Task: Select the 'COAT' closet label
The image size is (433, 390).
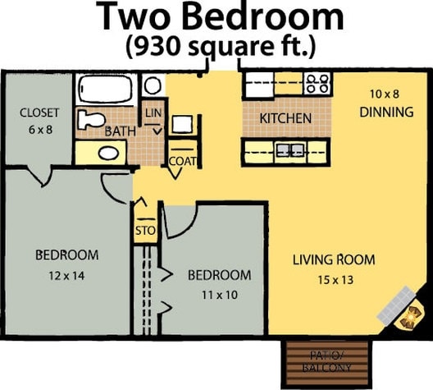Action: click(182, 161)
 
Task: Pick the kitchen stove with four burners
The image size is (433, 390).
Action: click(317, 83)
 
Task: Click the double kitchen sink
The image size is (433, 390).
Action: click(287, 149)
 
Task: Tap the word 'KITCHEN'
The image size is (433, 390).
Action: click(285, 118)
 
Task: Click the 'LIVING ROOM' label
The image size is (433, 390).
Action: click(334, 260)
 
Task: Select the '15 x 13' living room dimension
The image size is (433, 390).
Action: click(334, 279)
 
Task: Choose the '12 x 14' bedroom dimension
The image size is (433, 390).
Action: click(66, 276)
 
